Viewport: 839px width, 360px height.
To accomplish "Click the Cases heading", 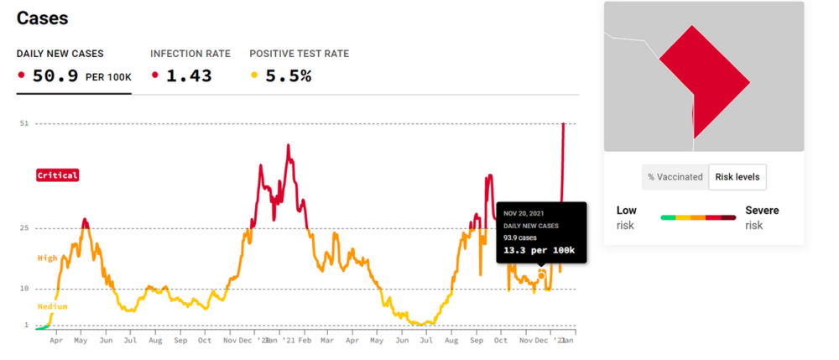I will [43, 18].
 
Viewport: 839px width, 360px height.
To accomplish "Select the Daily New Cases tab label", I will [60, 54].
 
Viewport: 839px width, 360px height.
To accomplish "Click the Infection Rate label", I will [190, 54].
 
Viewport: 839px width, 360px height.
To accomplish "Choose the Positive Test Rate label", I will [300, 54].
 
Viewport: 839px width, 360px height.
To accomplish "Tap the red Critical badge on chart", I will [58, 175].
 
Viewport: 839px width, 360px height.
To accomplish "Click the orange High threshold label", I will [48, 258].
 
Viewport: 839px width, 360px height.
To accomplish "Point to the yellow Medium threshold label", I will [52, 307].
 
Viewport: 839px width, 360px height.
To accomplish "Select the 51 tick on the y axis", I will [23, 123].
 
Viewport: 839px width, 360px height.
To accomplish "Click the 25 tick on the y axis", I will [23, 228].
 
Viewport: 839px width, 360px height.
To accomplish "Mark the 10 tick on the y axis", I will [23, 289].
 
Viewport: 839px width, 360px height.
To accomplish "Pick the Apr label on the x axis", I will [56, 341].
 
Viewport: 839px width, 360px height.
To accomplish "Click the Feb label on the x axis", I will [305, 341].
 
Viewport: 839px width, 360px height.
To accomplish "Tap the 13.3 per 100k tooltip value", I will [539, 250].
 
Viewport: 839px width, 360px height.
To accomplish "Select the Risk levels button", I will [737, 177].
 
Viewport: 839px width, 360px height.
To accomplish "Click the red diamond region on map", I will [704, 81].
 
